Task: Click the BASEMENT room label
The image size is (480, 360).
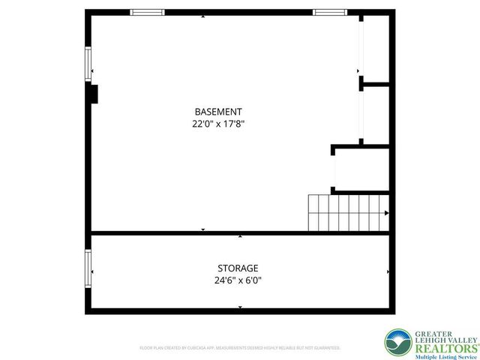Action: coord(218,112)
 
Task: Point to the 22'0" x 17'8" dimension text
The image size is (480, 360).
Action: coord(218,124)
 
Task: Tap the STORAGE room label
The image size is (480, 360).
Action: coord(238,268)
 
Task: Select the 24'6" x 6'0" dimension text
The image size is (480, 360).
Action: coord(238,281)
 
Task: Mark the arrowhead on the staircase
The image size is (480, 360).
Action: coord(386,213)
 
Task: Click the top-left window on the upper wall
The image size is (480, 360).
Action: coord(147,12)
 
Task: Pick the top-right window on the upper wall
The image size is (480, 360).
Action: coord(330,12)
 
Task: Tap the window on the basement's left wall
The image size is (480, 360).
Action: coord(88,64)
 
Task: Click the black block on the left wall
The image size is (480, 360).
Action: coord(94,94)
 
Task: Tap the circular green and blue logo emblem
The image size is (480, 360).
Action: coord(397,343)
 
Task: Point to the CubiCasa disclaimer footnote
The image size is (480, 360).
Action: coord(240,348)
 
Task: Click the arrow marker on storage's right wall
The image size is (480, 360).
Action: coord(388,271)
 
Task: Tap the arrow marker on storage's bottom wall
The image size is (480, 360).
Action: coord(240,307)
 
